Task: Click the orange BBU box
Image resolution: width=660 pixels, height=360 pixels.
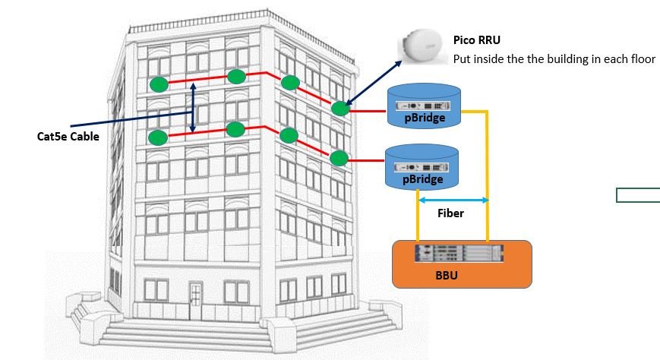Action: pyautogui.click(x=461, y=264)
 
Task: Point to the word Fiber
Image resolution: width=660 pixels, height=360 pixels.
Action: pyautogui.click(x=450, y=213)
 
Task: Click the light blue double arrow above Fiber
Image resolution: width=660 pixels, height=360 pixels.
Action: pyautogui.click(x=453, y=200)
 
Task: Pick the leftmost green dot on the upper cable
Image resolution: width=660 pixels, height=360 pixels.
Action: pyautogui.click(x=157, y=84)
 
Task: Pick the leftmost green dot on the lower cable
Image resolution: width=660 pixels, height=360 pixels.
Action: pyautogui.click(x=157, y=137)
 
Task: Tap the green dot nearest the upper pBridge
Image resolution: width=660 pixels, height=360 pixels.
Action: pyautogui.click(x=340, y=109)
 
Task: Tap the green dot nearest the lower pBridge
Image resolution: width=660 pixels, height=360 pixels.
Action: pyautogui.click(x=339, y=158)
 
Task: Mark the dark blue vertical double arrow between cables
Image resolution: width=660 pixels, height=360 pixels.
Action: pyautogui.click(x=193, y=108)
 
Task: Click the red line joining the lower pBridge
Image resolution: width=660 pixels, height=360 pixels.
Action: pyautogui.click(x=368, y=160)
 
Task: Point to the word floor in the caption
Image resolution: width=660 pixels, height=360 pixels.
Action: pyautogui.click(x=639, y=58)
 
